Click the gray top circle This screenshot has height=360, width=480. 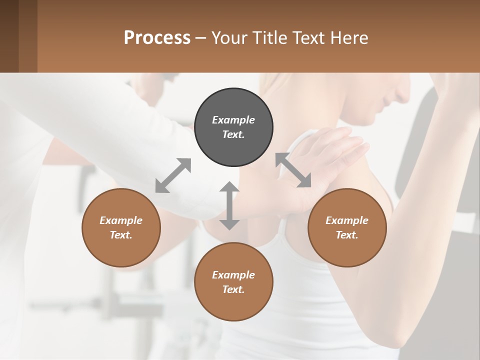233,127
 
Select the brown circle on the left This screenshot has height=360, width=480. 121,228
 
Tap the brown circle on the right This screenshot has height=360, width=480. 347,228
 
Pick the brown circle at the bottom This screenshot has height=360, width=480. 233,282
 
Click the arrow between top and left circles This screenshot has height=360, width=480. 173,175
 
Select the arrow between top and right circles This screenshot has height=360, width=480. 293,170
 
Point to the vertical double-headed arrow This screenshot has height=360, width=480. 229,205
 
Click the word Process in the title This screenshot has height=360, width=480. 157,37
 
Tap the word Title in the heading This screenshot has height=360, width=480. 271,37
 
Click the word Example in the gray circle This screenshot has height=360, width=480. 233,120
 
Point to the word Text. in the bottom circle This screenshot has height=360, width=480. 233,289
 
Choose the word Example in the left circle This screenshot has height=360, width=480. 121,220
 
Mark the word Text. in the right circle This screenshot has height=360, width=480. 347,235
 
